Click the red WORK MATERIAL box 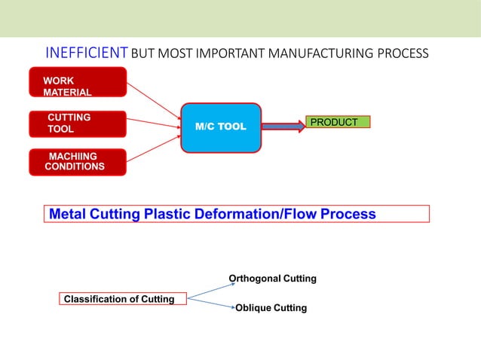(77, 82)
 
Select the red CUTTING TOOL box (77, 124)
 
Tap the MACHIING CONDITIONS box (77, 162)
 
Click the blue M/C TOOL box (221, 127)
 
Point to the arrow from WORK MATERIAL (154, 99)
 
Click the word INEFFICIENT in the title (87, 53)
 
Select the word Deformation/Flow (254, 214)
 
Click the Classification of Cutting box (119, 299)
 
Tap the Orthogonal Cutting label (272, 279)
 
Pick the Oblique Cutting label (271, 308)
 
